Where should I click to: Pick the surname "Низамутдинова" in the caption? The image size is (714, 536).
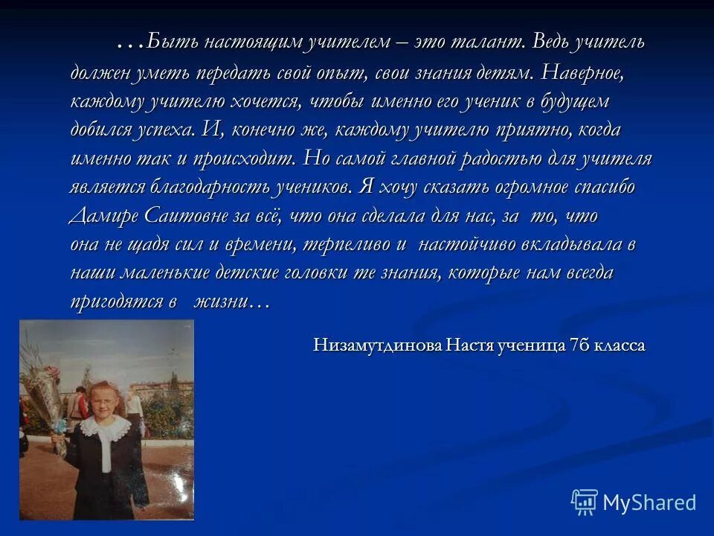[378, 345]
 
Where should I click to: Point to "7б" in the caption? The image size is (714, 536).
[577, 345]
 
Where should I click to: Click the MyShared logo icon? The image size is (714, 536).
[585, 502]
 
